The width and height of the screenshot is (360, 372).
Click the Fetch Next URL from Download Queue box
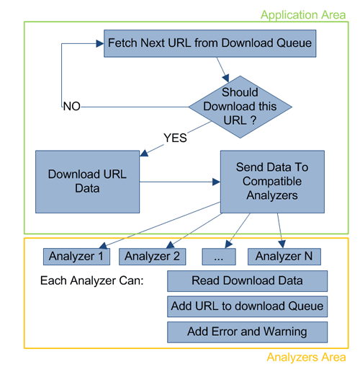(x=210, y=43)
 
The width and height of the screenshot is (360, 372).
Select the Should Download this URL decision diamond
(x=240, y=107)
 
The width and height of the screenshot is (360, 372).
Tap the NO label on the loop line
(x=71, y=106)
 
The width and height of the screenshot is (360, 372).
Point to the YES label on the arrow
(x=175, y=138)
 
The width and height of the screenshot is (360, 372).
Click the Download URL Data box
(x=87, y=182)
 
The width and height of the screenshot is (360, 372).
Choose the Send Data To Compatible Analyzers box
(x=272, y=182)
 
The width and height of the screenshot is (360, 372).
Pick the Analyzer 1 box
(x=76, y=257)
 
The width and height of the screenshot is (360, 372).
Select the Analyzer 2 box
(x=153, y=257)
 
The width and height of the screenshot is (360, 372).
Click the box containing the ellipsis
(x=219, y=257)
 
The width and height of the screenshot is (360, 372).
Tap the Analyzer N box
(x=284, y=257)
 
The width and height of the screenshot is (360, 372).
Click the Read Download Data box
(x=247, y=281)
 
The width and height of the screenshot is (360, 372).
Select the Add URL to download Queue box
(x=247, y=306)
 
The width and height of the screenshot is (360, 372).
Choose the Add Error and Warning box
(x=247, y=332)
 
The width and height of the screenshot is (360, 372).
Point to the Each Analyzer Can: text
(x=92, y=280)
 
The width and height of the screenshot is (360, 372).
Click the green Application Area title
(x=303, y=15)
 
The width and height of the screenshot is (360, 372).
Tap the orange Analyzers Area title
(x=306, y=357)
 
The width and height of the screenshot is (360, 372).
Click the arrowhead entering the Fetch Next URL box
(x=100, y=43)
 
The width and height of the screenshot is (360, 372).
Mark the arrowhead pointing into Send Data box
(x=217, y=182)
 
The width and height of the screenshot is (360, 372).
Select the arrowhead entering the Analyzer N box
(x=282, y=244)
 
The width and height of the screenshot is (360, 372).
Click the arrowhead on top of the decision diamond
(x=226, y=78)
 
